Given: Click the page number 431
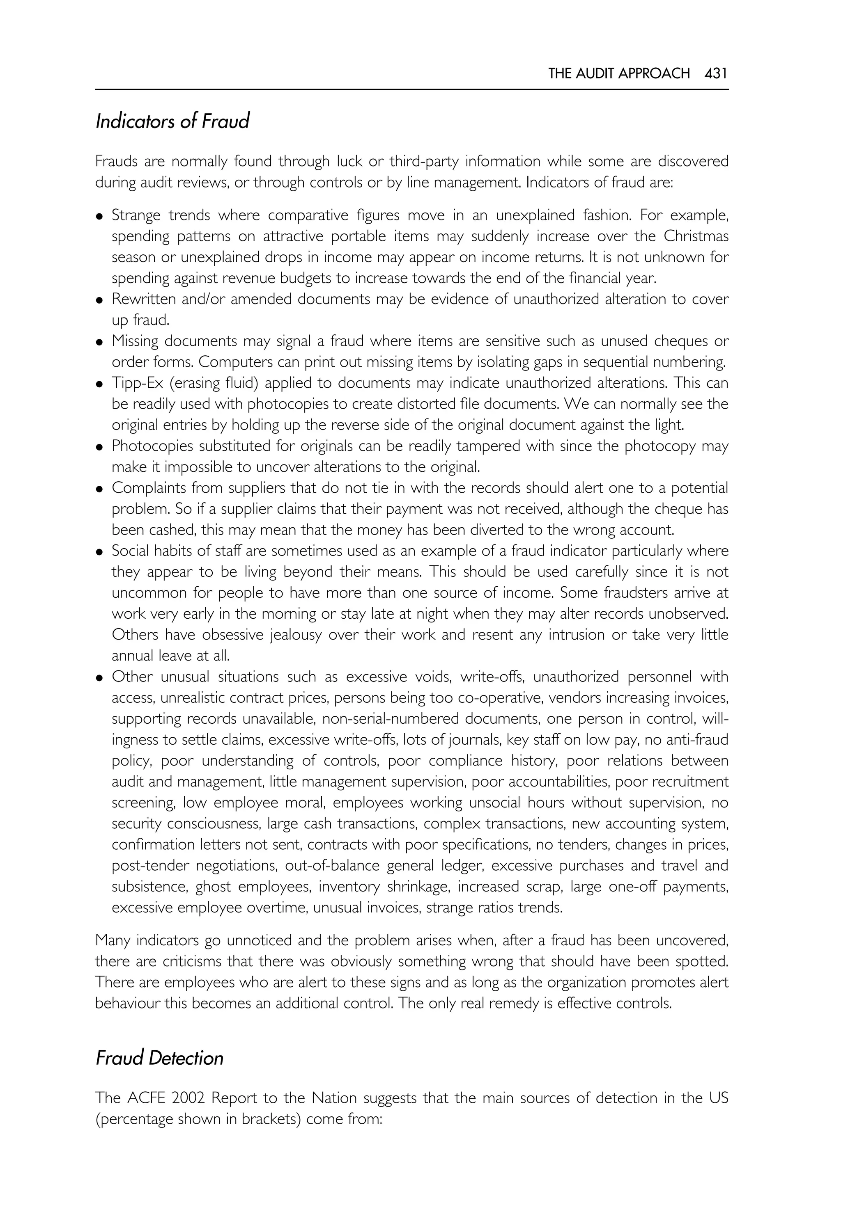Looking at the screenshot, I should pos(716,73).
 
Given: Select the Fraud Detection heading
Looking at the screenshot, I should pos(159,1058).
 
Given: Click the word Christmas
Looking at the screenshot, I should pos(696,236).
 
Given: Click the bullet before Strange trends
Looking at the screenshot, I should pos(99,216).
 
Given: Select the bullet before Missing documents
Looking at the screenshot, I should pos(99,342).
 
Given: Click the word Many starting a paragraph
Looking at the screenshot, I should pos(112,940).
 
